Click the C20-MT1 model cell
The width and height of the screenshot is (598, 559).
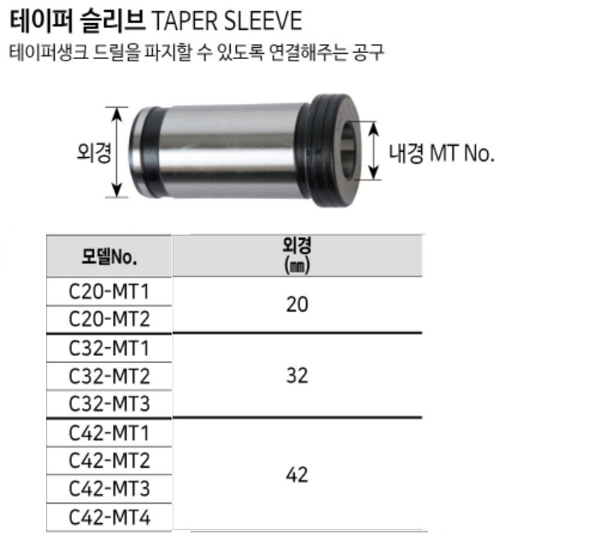[x=108, y=292]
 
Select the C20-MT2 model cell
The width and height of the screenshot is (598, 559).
[x=108, y=319]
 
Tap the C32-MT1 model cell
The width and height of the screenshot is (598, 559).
[x=108, y=347]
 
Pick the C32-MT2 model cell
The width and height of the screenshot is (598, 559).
[x=108, y=376]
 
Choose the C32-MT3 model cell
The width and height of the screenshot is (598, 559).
[x=108, y=404]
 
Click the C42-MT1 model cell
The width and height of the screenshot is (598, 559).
[x=108, y=433]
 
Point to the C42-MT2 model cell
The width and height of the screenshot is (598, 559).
[x=108, y=461]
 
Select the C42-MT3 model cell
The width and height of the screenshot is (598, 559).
[x=108, y=489]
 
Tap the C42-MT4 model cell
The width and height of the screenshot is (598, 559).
[x=108, y=517]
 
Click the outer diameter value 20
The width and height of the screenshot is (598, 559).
[x=297, y=305]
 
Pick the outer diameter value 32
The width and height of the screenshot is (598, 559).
[x=297, y=376]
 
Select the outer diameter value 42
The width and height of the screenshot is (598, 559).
[x=297, y=475]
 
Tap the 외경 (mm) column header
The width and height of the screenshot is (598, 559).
[x=297, y=255]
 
